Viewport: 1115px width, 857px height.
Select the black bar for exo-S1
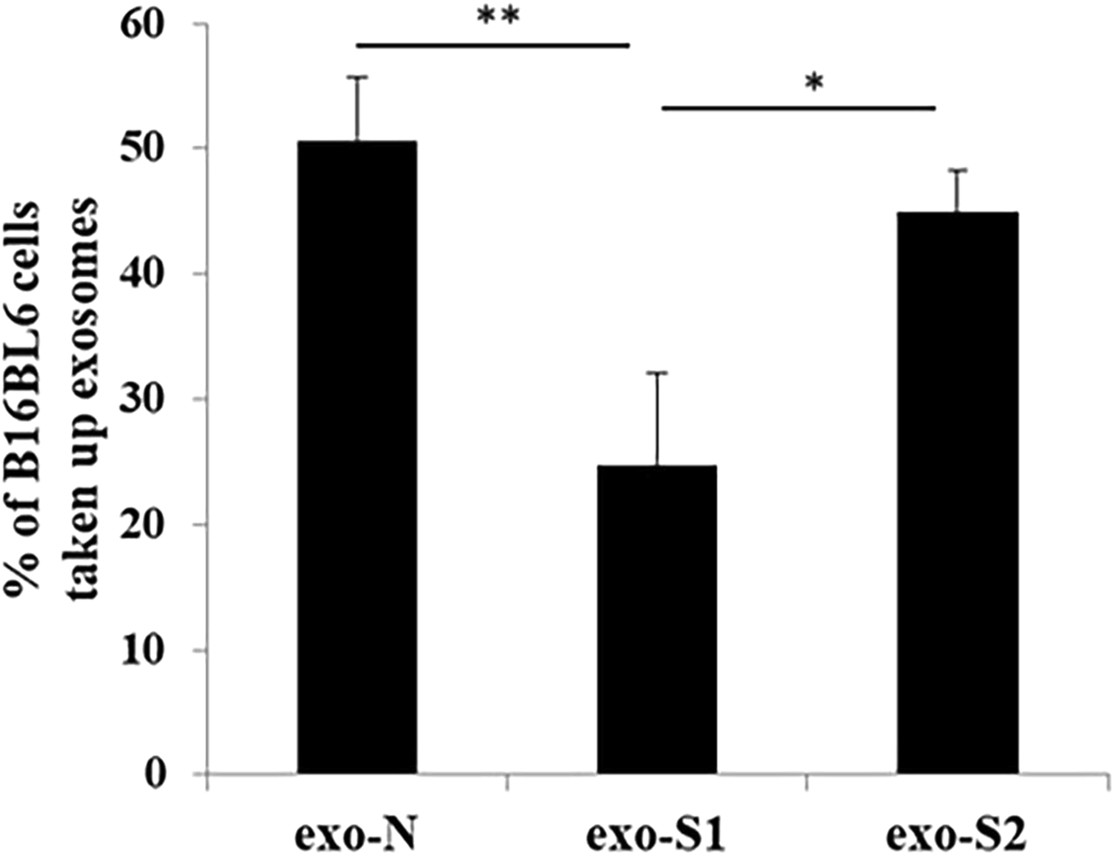point(657,619)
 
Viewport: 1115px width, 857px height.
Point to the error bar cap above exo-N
point(357,78)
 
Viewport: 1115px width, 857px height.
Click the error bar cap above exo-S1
point(657,373)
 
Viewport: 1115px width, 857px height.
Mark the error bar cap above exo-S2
point(958,169)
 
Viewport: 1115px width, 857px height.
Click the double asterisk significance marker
point(498,19)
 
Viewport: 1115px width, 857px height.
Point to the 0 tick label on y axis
point(158,774)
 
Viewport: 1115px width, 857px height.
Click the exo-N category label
point(358,836)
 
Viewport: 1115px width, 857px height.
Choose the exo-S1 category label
point(657,836)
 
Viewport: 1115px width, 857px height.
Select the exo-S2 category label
point(957,836)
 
